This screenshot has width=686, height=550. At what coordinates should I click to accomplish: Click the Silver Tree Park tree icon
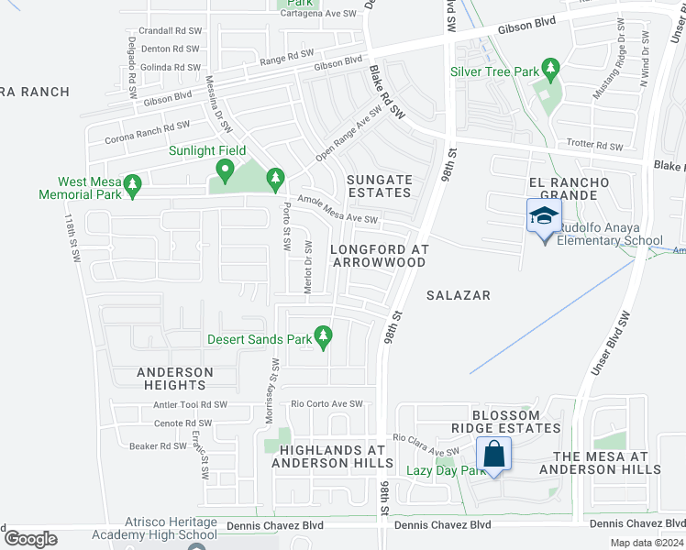[550, 68]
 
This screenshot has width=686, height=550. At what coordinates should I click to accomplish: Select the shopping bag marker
[493, 454]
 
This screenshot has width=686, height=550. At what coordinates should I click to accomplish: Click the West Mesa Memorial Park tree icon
[132, 185]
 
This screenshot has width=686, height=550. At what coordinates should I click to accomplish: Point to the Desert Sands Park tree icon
[323, 337]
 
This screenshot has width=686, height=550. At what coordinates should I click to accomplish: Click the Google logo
[30, 539]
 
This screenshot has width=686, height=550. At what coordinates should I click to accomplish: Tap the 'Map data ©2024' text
[646, 543]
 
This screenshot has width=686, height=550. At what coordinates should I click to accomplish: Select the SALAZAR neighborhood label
[459, 295]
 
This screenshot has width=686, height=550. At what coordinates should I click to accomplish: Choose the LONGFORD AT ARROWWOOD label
[378, 256]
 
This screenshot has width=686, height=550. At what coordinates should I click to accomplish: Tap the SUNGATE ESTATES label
[379, 186]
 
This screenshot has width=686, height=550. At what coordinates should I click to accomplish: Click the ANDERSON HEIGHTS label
[175, 379]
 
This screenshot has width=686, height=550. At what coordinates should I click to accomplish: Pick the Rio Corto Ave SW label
[326, 403]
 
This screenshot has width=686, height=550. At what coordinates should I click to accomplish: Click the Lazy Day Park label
[446, 470]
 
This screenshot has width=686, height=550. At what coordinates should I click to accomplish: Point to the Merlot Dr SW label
[308, 267]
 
